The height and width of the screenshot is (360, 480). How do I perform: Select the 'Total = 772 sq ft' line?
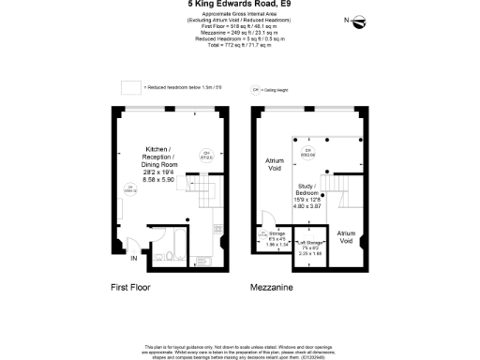[x=239, y=45]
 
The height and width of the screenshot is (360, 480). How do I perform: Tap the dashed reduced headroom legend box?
[x=130, y=88]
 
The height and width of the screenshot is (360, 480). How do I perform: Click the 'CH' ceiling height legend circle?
[x=254, y=90]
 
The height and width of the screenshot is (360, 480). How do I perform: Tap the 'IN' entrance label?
[x=134, y=258]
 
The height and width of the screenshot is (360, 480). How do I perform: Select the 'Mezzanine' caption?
[x=271, y=286]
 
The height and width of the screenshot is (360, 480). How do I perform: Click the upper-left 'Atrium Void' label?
[x=274, y=166]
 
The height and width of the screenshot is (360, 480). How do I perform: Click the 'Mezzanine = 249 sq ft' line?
[x=239, y=32]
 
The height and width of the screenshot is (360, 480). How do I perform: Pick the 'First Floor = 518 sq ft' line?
[x=239, y=25]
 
